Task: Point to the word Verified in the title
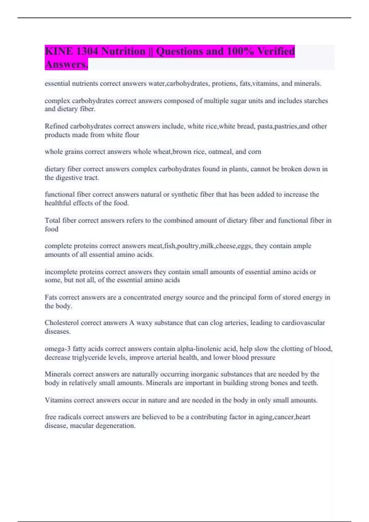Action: tap(276, 51)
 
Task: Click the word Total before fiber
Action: tap(53, 220)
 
